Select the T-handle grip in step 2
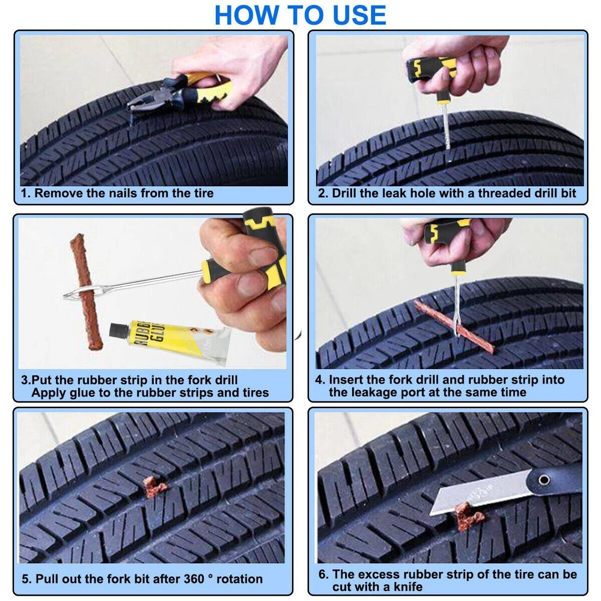[431, 69]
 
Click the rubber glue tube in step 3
[171, 341]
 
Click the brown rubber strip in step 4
[454, 326]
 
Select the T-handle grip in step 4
[447, 234]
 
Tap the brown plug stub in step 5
[154, 486]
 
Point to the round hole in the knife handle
[544, 480]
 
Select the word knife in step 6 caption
[406, 587]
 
